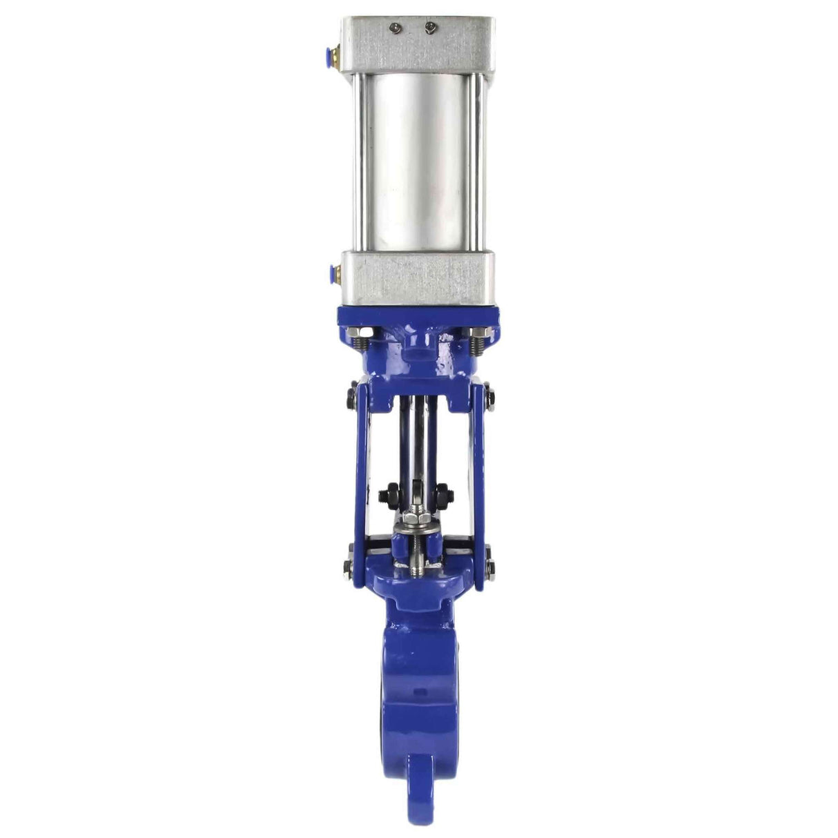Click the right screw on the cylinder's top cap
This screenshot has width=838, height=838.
click(x=431, y=28)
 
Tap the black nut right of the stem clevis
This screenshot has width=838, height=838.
click(x=442, y=495)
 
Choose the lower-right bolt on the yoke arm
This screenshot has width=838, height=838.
click(x=490, y=569)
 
